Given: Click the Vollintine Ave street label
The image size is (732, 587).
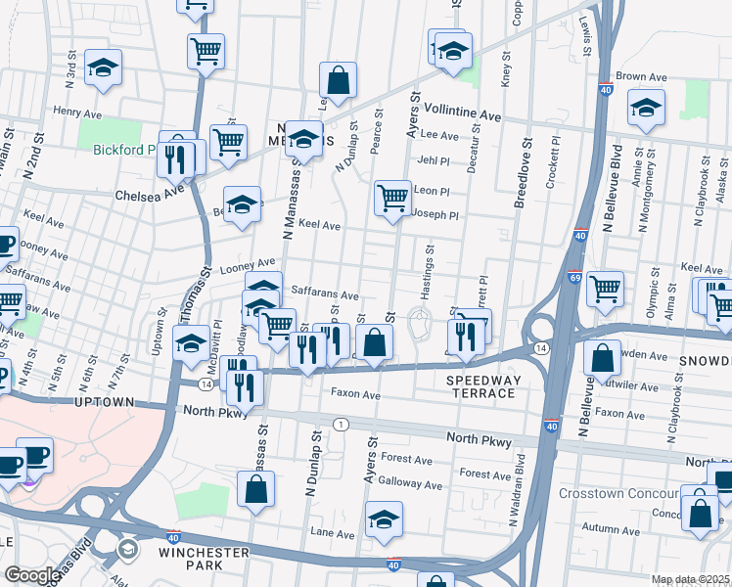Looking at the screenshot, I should [x=464, y=116].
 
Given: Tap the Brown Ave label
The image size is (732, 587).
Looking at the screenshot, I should [x=640, y=76].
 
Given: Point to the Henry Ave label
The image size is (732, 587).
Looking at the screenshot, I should [x=78, y=113].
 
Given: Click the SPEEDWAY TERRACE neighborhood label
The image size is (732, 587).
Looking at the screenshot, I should [x=480, y=385].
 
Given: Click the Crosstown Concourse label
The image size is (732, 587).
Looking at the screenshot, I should [x=619, y=493].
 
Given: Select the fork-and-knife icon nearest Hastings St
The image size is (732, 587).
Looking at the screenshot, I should [x=466, y=334].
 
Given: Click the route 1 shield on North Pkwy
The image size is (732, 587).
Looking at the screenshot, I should [x=341, y=424].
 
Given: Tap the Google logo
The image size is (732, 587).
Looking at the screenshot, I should [x=32, y=575].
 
